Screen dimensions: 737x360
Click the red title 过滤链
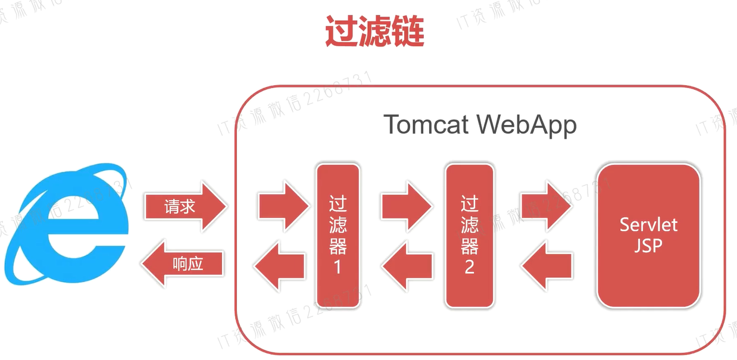coord(374,32)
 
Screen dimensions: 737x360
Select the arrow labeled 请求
coord(185,207)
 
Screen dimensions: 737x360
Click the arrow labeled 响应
coord(183,264)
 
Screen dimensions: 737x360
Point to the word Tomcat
coord(425,125)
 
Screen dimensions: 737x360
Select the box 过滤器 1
coord(338,236)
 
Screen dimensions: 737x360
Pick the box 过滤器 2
coord(469,236)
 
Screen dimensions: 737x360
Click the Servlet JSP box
coord(648,236)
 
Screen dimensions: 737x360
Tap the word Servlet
coord(648,225)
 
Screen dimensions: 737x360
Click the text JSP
coord(648,245)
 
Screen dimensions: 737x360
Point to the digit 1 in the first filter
coord(338,267)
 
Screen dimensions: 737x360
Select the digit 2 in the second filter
coord(469,267)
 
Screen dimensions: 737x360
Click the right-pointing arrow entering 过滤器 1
coord(283,206)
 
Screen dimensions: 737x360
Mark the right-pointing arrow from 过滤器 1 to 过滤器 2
coord(407,206)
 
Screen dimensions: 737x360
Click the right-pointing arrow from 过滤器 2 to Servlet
coord(546,206)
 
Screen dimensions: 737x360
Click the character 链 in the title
coord(408,32)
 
